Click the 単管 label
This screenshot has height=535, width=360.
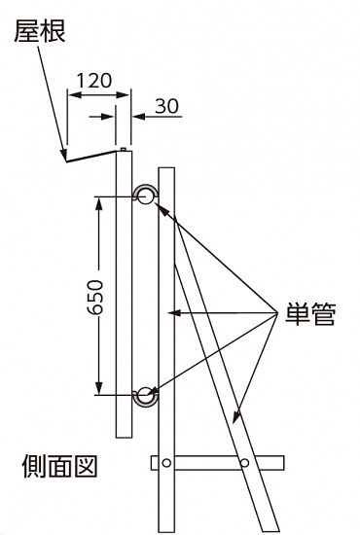coord(309,317)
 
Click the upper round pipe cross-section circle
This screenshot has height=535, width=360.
coord(146,197)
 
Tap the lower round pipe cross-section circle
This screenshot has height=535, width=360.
coord(146,394)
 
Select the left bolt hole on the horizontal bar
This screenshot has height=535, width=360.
coord(166,461)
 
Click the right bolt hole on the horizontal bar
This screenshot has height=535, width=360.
coord(244,461)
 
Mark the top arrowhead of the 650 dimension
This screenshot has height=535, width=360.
coord(98,200)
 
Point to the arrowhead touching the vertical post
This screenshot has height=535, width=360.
coord(174,313)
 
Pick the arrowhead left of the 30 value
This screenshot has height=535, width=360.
coord(137,115)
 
